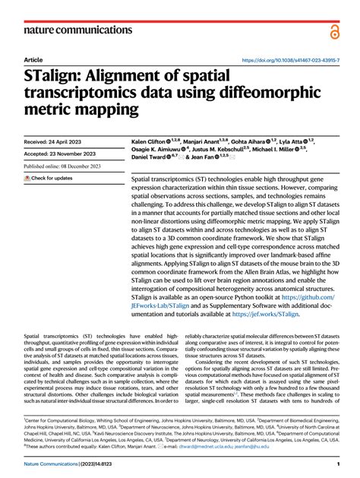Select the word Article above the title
pyautogui.click(x=33, y=60)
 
